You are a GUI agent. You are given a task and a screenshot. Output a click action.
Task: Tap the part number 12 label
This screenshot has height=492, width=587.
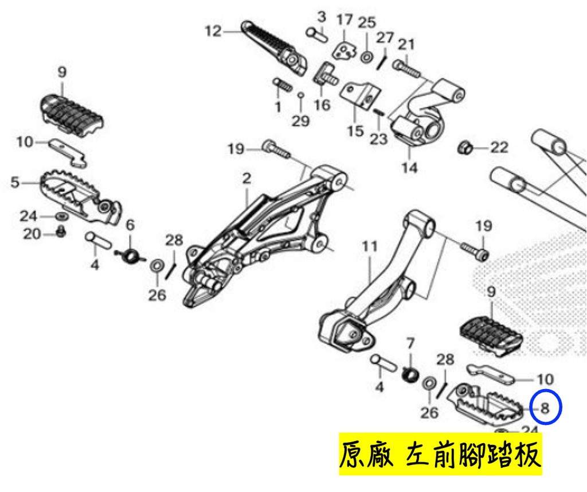(x=213, y=31)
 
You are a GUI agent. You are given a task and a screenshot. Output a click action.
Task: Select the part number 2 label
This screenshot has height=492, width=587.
(x=246, y=178)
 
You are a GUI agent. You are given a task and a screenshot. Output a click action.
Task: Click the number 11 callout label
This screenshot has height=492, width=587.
(x=370, y=246)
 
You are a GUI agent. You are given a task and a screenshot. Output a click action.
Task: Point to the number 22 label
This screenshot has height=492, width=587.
(x=499, y=148)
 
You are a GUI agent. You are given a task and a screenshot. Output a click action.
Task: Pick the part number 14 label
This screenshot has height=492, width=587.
(x=409, y=167)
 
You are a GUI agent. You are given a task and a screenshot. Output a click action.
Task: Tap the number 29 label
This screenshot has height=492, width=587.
(x=301, y=121)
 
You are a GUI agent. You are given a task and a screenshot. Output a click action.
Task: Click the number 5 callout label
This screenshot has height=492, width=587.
(x=14, y=183)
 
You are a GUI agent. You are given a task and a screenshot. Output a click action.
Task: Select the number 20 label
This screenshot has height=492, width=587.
(x=32, y=234)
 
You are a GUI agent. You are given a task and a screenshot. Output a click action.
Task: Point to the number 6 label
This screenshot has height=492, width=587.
(x=130, y=225)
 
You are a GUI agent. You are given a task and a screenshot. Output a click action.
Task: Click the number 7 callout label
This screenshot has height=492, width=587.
(x=410, y=343)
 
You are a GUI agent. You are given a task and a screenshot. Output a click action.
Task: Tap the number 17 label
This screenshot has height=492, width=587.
(x=345, y=20)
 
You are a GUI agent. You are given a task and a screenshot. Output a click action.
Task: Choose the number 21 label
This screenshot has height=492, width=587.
(x=406, y=45)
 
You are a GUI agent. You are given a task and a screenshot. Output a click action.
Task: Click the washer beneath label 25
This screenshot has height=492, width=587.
(x=366, y=57)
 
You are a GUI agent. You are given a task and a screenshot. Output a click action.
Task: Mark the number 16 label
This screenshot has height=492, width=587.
(x=322, y=105)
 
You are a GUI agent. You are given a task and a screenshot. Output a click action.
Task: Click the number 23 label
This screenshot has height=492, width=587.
(x=378, y=139)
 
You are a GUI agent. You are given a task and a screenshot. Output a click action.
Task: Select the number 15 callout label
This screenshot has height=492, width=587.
(x=355, y=131)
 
